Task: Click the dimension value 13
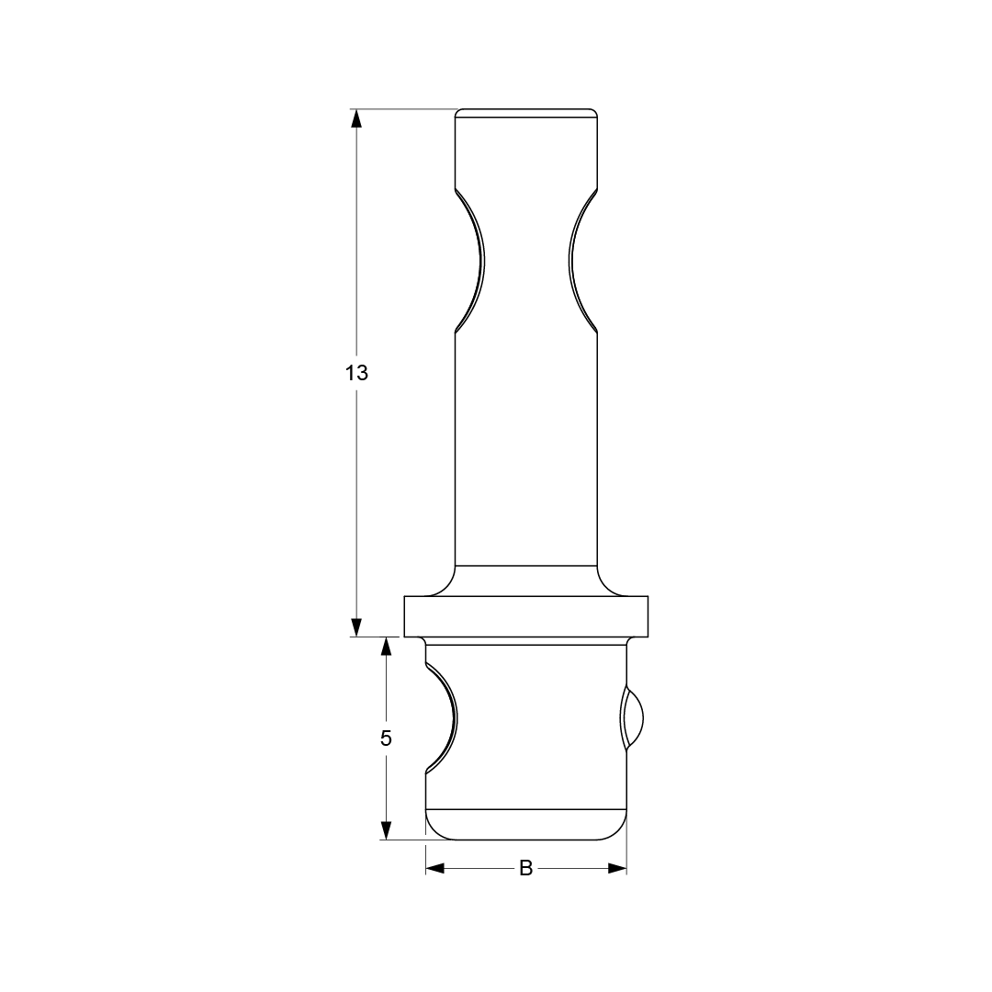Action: (356, 373)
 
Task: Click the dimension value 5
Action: (386, 738)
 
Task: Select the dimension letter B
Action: (525, 869)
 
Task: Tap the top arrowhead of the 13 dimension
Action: (356, 118)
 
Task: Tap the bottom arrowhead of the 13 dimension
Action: (356, 627)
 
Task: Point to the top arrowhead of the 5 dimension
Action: (386, 647)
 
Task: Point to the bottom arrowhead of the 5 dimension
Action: (386, 830)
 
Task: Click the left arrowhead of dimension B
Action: (435, 869)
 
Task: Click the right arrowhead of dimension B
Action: (617, 869)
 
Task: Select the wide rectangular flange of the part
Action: (525, 616)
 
